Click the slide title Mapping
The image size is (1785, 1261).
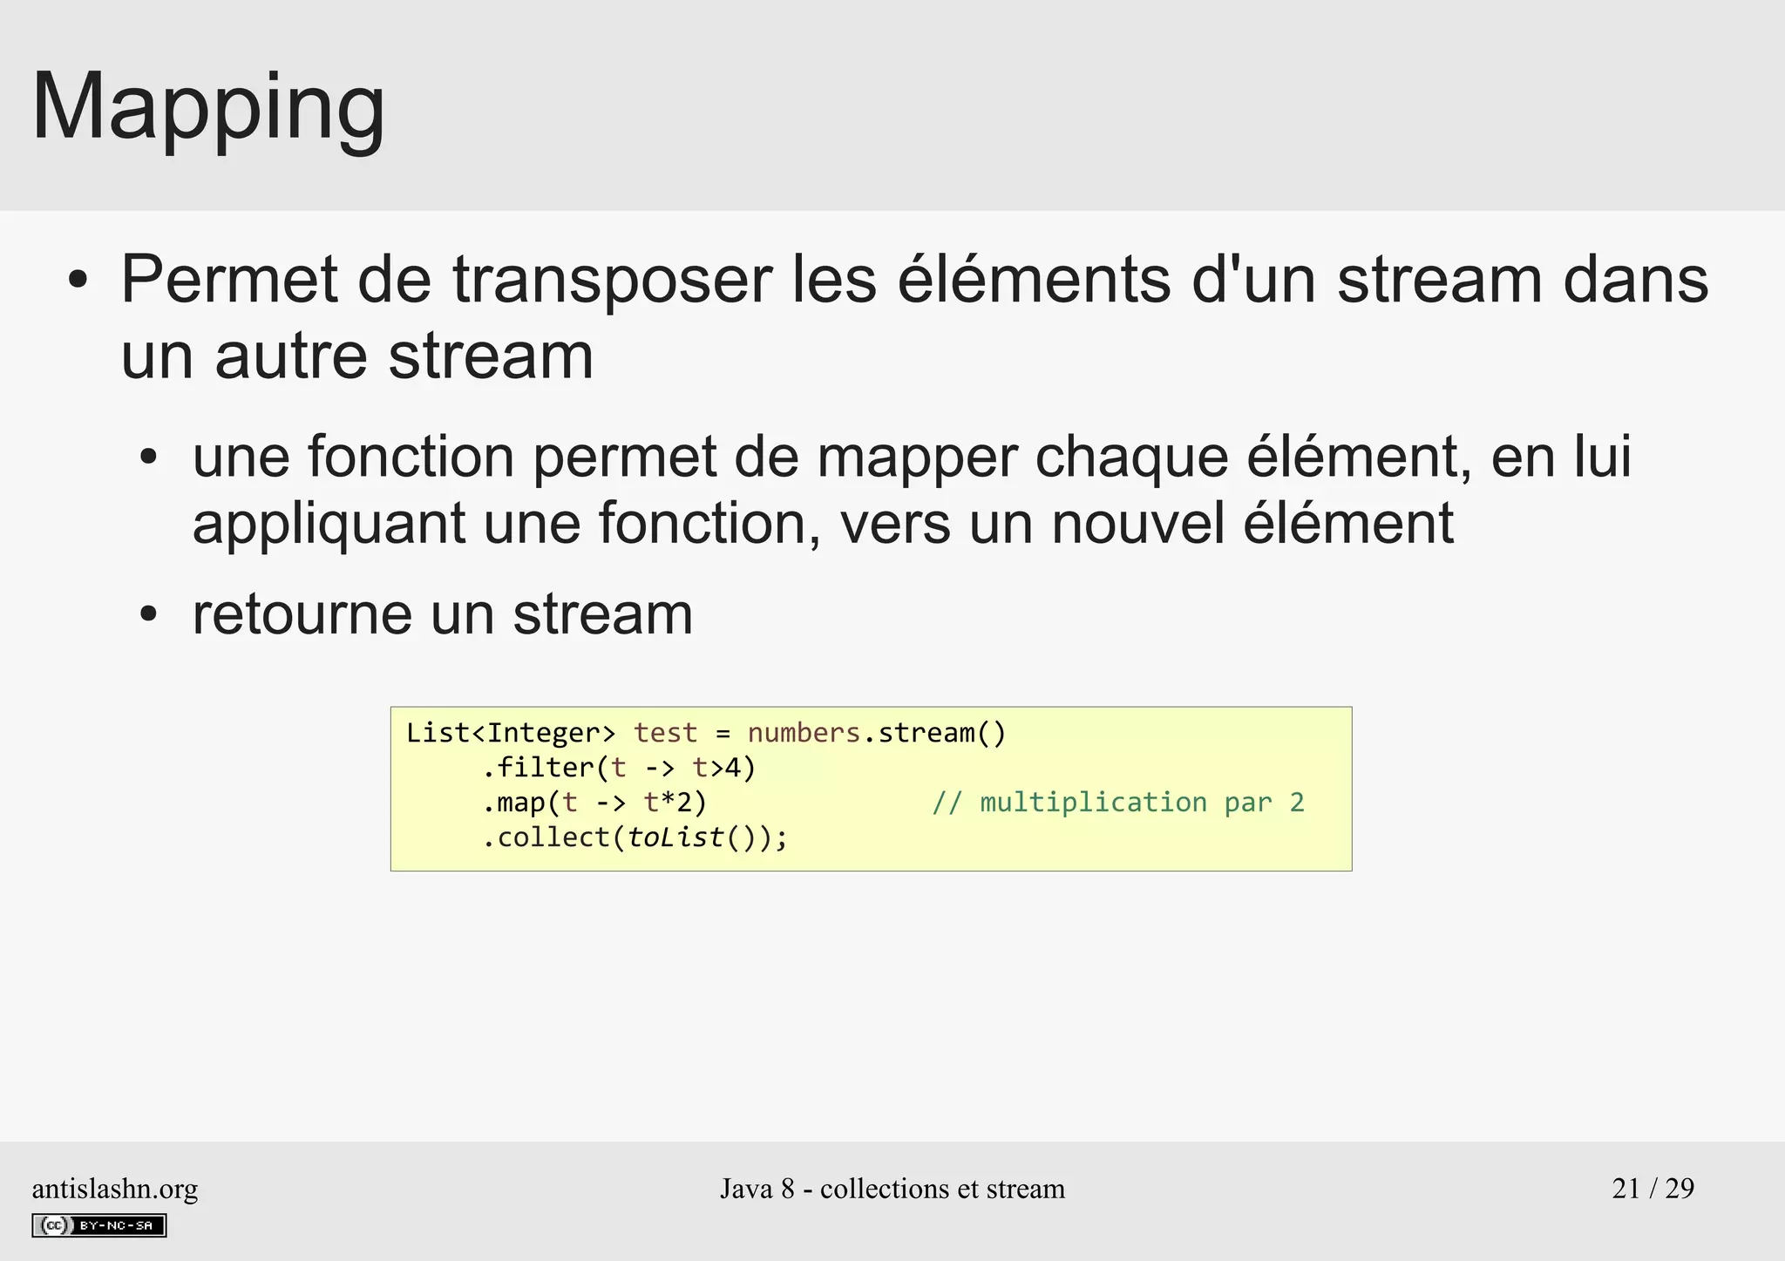point(208,108)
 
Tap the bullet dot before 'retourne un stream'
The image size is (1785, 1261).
point(149,615)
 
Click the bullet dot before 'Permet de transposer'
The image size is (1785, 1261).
point(78,281)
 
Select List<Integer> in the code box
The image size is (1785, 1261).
point(511,733)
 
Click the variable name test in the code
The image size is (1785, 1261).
point(665,733)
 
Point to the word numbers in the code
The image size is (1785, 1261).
point(804,733)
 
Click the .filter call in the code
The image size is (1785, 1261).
point(537,768)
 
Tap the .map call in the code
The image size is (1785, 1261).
point(514,803)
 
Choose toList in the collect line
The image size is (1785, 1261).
point(675,837)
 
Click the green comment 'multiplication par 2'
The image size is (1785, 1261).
point(1118,803)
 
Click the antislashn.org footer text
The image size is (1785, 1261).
point(115,1189)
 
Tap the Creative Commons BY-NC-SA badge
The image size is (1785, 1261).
point(99,1225)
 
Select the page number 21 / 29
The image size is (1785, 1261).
point(1653,1189)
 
